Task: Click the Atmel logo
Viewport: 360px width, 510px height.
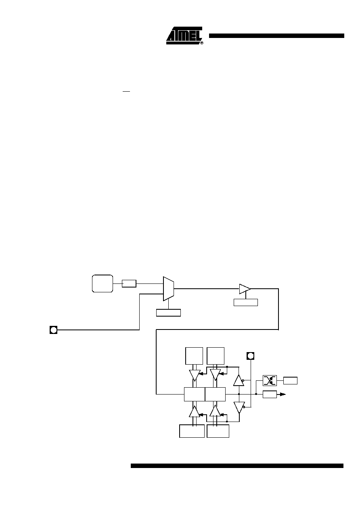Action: click(184, 36)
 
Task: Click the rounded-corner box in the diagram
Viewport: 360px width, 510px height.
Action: click(103, 283)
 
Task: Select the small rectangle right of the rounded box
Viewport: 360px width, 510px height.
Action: click(129, 284)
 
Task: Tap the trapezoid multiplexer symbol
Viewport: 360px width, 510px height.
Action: click(169, 289)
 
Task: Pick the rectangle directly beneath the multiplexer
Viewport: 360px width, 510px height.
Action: click(168, 313)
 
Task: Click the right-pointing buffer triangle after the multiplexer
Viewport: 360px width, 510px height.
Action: click(245, 289)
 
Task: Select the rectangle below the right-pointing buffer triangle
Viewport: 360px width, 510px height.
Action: click(246, 302)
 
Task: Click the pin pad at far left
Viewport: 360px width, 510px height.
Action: click(54, 330)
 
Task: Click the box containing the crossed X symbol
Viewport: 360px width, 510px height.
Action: click(270, 380)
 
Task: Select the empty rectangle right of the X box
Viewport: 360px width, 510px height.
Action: click(290, 380)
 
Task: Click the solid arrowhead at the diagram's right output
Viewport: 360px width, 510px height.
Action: click(283, 394)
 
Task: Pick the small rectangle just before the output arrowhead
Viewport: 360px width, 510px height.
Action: click(270, 395)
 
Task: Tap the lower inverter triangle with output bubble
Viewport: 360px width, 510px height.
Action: click(239, 407)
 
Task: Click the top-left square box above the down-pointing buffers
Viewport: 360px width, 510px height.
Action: click(194, 356)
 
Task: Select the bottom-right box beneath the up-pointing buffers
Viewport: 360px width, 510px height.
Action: click(218, 431)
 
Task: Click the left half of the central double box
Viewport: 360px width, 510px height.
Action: click(195, 394)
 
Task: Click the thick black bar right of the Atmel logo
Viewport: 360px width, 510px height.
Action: click(276, 36)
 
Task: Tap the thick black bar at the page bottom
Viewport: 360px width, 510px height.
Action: click(237, 466)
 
